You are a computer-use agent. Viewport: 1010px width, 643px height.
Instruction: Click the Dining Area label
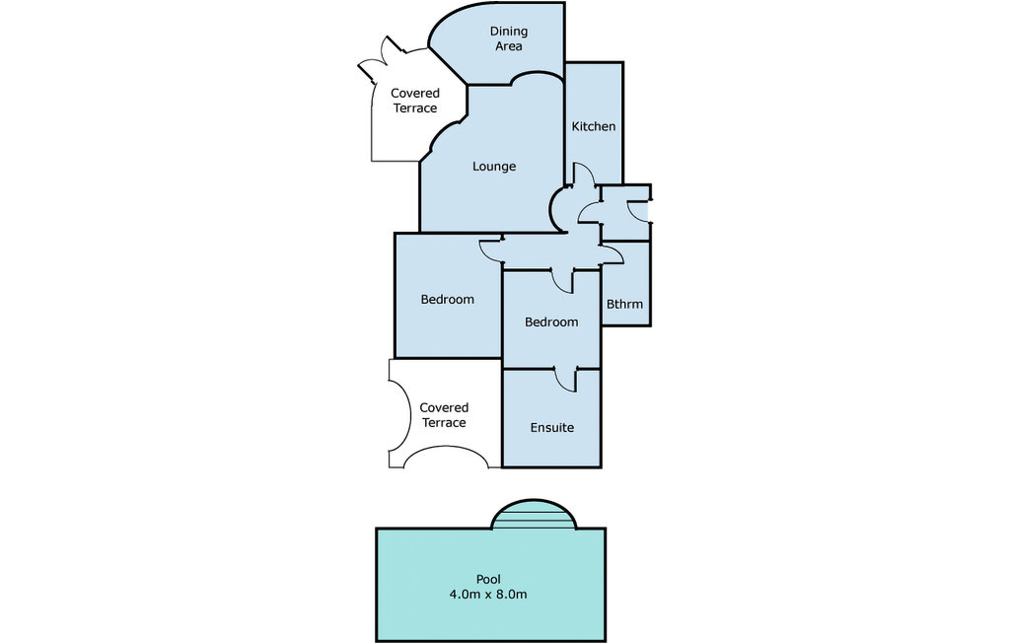(x=509, y=38)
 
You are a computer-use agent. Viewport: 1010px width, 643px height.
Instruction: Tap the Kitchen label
(x=594, y=126)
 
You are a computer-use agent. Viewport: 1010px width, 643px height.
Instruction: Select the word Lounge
(x=494, y=167)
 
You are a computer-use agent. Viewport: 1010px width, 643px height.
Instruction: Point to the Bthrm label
(x=624, y=304)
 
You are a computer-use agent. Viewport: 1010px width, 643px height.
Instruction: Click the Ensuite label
(x=552, y=428)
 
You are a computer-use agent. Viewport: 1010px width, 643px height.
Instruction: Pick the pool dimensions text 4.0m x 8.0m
(x=488, y=594)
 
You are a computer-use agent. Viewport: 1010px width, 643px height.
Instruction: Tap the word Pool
(x=488, y=579)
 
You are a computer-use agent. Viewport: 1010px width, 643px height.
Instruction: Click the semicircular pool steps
(x=533, y=514)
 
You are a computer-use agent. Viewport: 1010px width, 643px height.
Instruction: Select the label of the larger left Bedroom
(x=447, y=300)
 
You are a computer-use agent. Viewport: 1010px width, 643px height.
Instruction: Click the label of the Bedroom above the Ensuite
(x=551, y=322)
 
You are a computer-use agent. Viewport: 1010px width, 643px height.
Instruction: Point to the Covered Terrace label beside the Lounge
(x=415, y=101)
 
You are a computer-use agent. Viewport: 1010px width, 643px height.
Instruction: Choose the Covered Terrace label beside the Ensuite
(x=444, y=415)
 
